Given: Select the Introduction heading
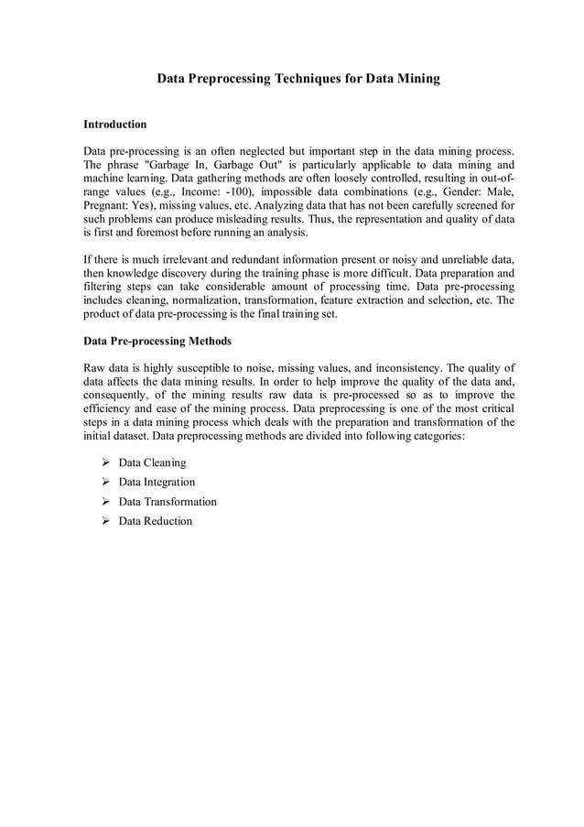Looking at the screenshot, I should point(114,124).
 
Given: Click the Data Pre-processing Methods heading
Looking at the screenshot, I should point(157,342).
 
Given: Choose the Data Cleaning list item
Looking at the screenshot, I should point(152,462).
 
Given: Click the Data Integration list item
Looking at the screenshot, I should point(157,482).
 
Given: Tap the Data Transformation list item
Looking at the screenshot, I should point(168,502).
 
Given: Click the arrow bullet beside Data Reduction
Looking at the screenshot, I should point(106,521).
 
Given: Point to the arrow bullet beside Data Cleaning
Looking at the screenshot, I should point(106,462).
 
